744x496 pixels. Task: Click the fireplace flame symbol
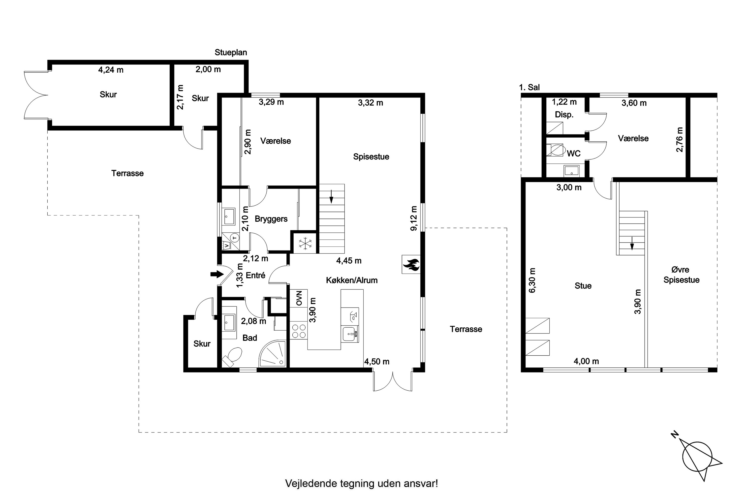(x=411, y=264)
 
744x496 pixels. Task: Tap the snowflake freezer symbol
(x=305, y=243)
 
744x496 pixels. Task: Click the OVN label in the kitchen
(x=299, y=298)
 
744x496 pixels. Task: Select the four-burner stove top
(x=299, y=331)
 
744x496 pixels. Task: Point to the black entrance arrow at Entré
(x=217, y=274)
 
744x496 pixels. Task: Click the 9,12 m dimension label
(x=414, y=218)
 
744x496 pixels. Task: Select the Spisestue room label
(x=371, y=156)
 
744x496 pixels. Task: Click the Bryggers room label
(x=271, y=219)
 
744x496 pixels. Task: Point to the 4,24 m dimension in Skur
(x=111, y=70)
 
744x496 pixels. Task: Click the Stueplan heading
(x=231, y=53)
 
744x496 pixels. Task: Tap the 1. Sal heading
(x=529, y=87)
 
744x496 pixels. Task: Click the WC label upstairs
(x=573, y=154)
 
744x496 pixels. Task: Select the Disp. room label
(x=564, y=115)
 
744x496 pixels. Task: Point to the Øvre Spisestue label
(x=681, y=275)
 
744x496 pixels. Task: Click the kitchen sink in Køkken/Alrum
(x=350, y=334)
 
